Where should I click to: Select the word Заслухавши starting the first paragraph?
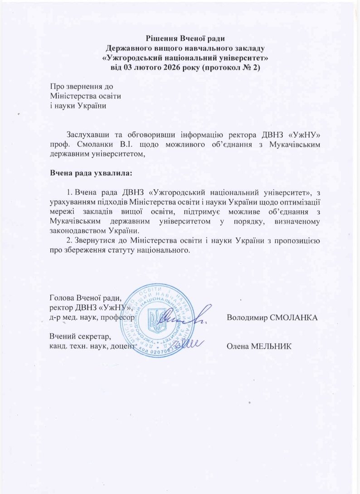(89, 135)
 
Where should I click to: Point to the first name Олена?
(237, 347)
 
